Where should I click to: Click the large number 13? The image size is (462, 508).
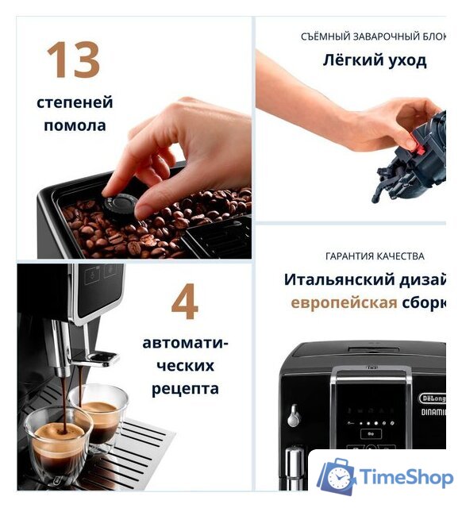[73, 61]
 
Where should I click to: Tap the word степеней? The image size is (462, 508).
[75, 102]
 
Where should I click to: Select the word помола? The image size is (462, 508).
[75, 125]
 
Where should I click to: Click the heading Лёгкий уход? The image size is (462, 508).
[374, 60]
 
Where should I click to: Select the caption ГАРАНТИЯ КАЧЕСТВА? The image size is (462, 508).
[375, 256]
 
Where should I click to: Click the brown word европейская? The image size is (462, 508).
[344, 303]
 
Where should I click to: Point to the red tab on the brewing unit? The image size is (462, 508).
[414, 144]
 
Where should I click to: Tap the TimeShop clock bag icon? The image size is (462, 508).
[337, 477]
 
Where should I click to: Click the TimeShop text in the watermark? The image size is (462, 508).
[406, 477]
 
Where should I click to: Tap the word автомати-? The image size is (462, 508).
[185, 344]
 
